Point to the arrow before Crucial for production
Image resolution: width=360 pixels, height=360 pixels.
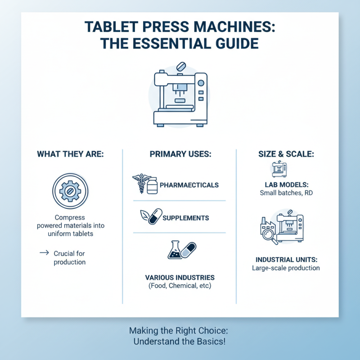pos(44,253)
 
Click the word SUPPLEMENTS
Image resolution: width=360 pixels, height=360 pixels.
pos(185,218)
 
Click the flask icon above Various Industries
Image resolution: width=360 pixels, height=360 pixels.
pos(175,250)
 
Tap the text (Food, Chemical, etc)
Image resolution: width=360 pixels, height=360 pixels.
pos(180,286)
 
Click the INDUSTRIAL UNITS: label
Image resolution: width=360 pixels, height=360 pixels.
pos(286,260)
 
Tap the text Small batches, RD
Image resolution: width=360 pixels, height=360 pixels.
pos(286,193)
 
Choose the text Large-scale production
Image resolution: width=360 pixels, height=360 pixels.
pos(286,268)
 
